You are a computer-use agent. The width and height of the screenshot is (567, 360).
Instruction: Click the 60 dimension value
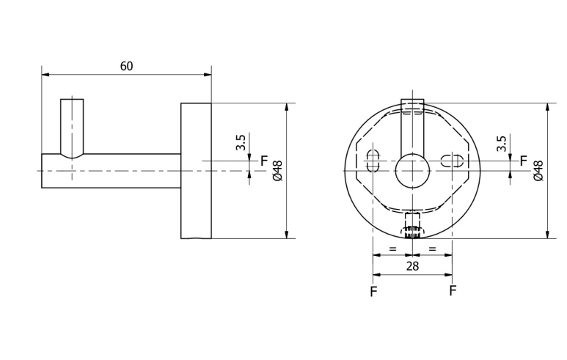[x=127, y=66]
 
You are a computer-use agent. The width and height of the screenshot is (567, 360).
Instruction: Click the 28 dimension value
[x=412, y=266]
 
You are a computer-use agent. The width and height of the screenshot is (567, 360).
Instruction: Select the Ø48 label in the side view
[x=278, y=171]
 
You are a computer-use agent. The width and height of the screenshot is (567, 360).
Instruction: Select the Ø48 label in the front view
[x=538, y=171]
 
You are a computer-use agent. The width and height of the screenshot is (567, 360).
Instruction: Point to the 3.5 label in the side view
[x=241, y=142]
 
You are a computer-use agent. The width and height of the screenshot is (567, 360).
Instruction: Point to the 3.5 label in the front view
[x=501, y=144]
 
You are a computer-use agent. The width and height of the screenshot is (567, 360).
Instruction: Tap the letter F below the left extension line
[x=373, y=291]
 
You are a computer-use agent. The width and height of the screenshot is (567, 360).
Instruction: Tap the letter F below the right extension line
[x=453, y=290]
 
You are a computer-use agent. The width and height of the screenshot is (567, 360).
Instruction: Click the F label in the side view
[x=264, y=161]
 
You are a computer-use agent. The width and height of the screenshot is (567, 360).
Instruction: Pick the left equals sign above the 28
[x=392, y=249]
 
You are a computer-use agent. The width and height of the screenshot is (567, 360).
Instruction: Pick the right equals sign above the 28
[x=433, y=249]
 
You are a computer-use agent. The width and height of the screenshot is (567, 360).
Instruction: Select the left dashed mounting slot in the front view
[x=373, y=161]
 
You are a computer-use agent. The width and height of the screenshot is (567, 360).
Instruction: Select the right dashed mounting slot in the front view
[x=453, y=161]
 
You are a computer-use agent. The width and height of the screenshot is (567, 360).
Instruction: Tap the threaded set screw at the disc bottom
[x=412, y=226]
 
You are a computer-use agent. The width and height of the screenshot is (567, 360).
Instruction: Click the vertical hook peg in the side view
[x=72, y=128]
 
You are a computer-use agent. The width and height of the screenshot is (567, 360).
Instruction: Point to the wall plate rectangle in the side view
[x=196, y=171]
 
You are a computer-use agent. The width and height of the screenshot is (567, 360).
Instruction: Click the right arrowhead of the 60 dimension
[x=208, y=75]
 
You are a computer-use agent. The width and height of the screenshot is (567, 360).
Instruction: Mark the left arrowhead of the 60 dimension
[x=45, y=75]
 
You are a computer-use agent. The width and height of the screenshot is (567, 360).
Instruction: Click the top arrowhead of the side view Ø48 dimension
[x=286, y=107]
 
